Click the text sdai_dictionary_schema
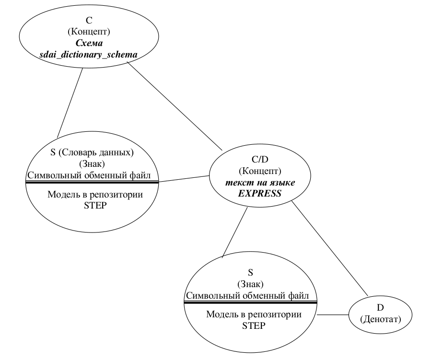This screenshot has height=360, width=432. click(x=89, y=55)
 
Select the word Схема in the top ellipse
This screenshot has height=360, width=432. click(x=89, y=44)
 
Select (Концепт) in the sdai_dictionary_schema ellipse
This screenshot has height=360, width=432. click(x=89, y=33)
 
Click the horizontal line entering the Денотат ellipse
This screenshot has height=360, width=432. click(x=333, y=315)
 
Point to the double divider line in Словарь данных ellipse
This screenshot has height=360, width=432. click(x=91, y=182)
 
